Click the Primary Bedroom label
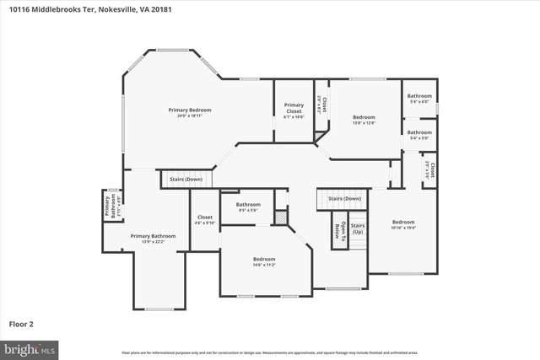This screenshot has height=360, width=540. (x=189, y=112)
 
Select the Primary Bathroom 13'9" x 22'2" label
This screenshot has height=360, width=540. (x=153, y=239)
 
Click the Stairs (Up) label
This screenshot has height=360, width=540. (x=358, y=228)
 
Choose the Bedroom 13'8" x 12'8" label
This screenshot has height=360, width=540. (x=364, y=119)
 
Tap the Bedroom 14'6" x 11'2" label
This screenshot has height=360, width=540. (x=264, y=261)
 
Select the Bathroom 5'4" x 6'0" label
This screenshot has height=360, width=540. (x=419, y=98)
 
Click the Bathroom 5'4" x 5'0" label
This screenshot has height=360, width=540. (x=419, y=134)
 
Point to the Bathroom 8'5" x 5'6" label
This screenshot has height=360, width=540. (x=248, y=207)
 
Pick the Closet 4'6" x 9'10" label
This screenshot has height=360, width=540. (x=205, y=219)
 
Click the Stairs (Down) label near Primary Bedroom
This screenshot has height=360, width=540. (x=186, y=180)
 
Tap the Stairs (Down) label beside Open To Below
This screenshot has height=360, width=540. (x=344, y=199)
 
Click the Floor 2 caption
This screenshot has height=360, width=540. (x=21, y=323)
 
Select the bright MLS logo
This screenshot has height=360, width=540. (x=30, y=348)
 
